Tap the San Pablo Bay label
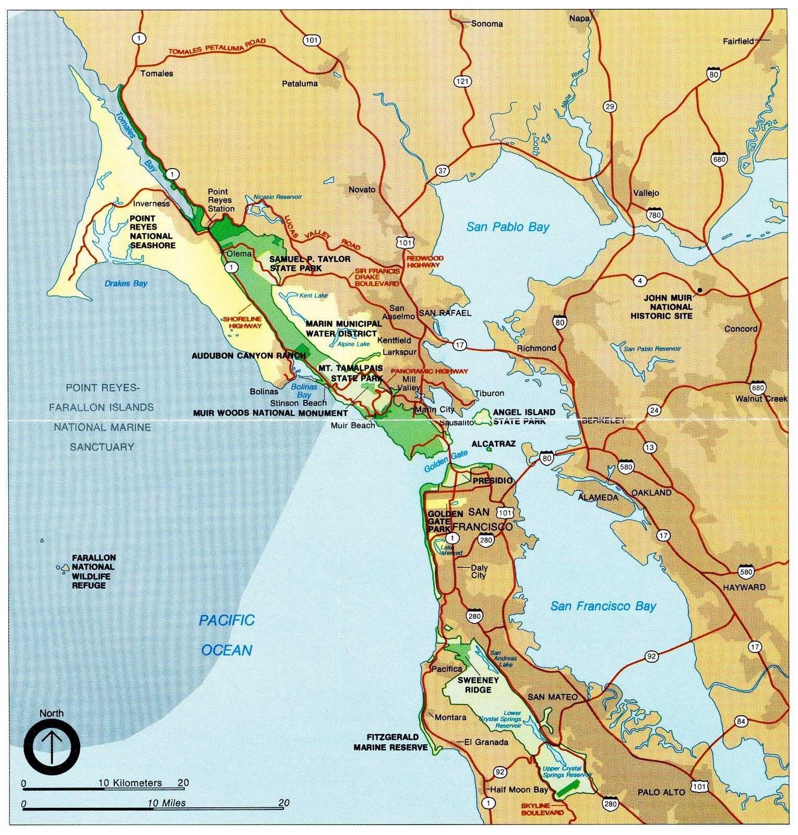(507, 227)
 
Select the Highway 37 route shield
(442, 171)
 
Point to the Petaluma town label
(300, 83)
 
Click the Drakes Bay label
(126, 283)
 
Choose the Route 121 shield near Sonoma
(462, 81)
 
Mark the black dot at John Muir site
(699, 290)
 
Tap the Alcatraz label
(493, 444)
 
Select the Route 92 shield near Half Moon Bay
(500, 772)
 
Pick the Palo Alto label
(661, 792)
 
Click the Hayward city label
(744, 587)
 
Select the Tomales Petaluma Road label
(217, 47)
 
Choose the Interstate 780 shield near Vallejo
(654, 214)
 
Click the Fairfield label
(738, 41)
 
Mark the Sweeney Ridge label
(478, 685)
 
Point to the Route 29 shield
(609, 107)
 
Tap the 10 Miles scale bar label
(166, 803)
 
